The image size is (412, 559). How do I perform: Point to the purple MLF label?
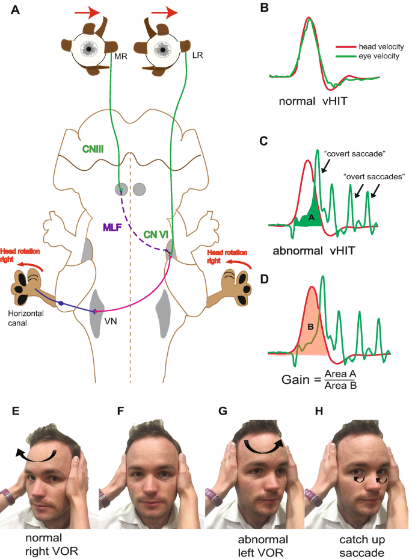click(114, 226)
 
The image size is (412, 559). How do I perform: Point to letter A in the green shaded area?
click(312, 219)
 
